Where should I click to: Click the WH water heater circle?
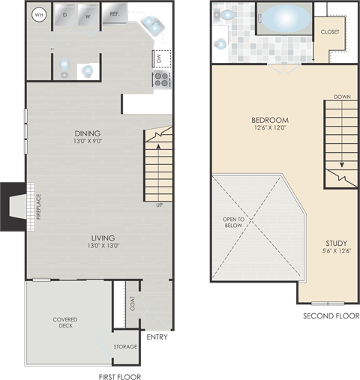[x=38, y=15]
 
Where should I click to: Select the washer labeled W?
[x=87, y=16]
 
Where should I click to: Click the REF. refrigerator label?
[x=115, y=14]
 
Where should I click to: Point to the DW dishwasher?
[x=159, y=58]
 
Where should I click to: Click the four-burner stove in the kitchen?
[x=162, y=79]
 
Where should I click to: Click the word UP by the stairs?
[x=159, y=205]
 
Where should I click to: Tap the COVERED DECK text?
[x=65, y=323]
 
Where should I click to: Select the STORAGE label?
[x=125, y=346]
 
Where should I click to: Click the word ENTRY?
[x=158, y=337]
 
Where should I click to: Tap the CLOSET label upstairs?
[x=330, y=31]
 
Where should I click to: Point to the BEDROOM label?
[x=270, y=120]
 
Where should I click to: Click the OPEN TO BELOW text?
[x=234, y=223]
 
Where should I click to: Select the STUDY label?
[x=335, y=243]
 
